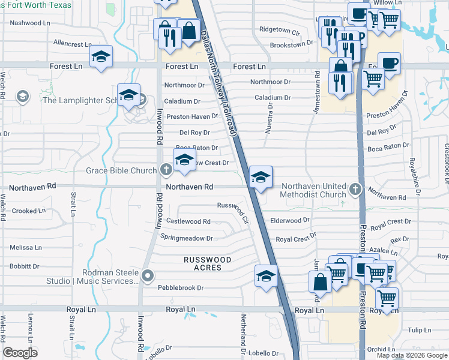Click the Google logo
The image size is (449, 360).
[x=20, y=353]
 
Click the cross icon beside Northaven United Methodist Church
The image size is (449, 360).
[x=355, y=190]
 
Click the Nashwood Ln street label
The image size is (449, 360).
[x=30, y=23]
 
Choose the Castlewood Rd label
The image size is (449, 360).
[x=188, y=221]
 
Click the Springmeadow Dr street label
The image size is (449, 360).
[x=187, y=238]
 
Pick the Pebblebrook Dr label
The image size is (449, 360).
[x=181, y=288]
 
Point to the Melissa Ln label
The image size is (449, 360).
[x=26, y=247]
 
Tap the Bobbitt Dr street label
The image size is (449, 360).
[x=25, y=266]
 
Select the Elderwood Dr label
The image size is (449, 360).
[x=290, y=221]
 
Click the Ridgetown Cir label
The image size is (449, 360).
[x=279, y=29]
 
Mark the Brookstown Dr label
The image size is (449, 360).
[x=292, y=43]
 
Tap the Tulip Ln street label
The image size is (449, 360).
[x=420, y=330]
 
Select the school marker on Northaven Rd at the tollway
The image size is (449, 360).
[x=261, y=178]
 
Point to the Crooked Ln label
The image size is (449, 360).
[x=28, y=211]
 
